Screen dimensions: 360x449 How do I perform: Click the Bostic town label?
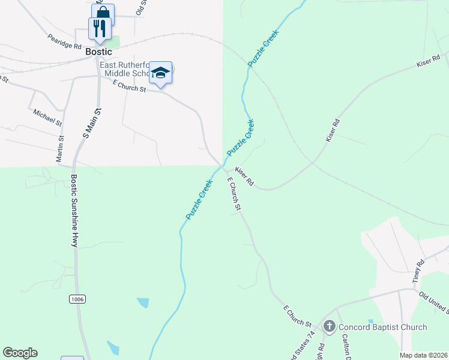tap(98, 52)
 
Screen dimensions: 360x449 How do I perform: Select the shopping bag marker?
tap(103, 13)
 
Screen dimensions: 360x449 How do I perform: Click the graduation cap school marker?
tap(160, 73)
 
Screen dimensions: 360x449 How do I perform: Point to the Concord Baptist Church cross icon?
tap(329, 327)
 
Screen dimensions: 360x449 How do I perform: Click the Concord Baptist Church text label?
tap(382, 327)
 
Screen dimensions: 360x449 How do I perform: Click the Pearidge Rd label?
tap(65, 41)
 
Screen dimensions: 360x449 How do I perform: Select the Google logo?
tap(20, 353)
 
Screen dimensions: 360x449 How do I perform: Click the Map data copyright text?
tap(423, 355)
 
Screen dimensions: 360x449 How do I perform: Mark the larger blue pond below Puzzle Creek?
tap(143, 302)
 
